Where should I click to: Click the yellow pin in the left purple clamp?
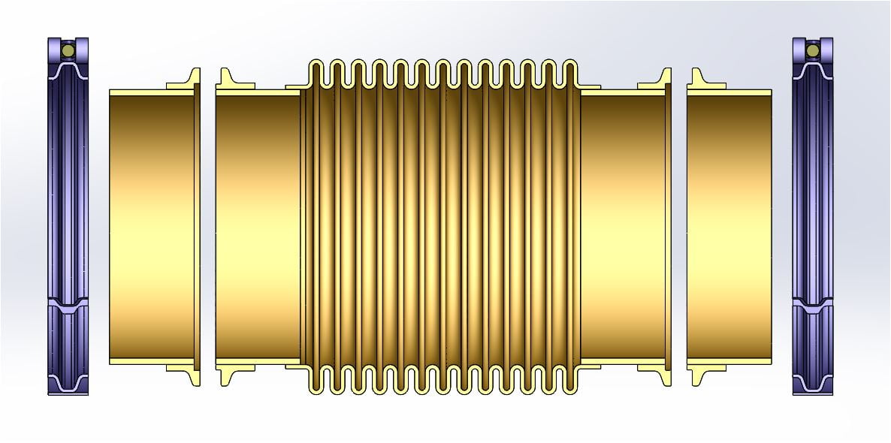coord(68,50)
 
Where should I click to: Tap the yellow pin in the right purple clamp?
coord(812,50)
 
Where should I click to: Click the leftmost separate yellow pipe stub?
coord(150,225)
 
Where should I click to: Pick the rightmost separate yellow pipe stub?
coord(729,225)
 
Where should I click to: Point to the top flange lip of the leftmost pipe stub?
coord(191,79)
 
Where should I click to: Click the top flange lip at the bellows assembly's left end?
coord(226,79)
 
